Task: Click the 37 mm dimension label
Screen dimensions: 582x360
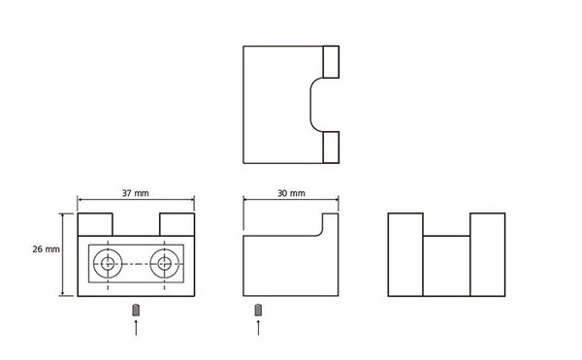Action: (x=136, y=193)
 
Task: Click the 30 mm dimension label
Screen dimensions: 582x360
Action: (x=291, y=193)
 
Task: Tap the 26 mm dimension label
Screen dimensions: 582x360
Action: (x=46, y=249)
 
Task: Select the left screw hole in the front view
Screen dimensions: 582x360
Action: (x=108, y=264)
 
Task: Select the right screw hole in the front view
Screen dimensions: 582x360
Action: (x=165, y=264)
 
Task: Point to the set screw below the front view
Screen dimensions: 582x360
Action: (x=136, y=311)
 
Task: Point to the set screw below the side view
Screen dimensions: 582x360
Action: (x=258, y=311)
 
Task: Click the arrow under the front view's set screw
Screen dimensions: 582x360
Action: (x=136, y=327)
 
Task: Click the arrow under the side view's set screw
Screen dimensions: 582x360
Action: (x=258, y=327)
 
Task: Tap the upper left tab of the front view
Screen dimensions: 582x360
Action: (x=95, y=224)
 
